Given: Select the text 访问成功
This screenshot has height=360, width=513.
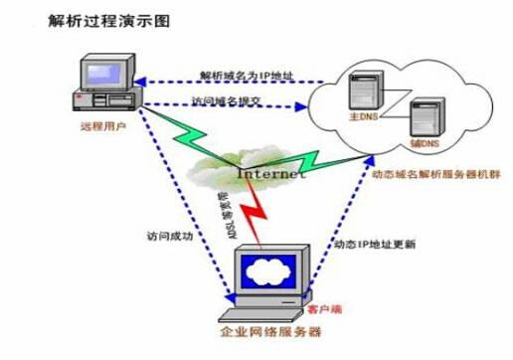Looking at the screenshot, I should tap(158, 237).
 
